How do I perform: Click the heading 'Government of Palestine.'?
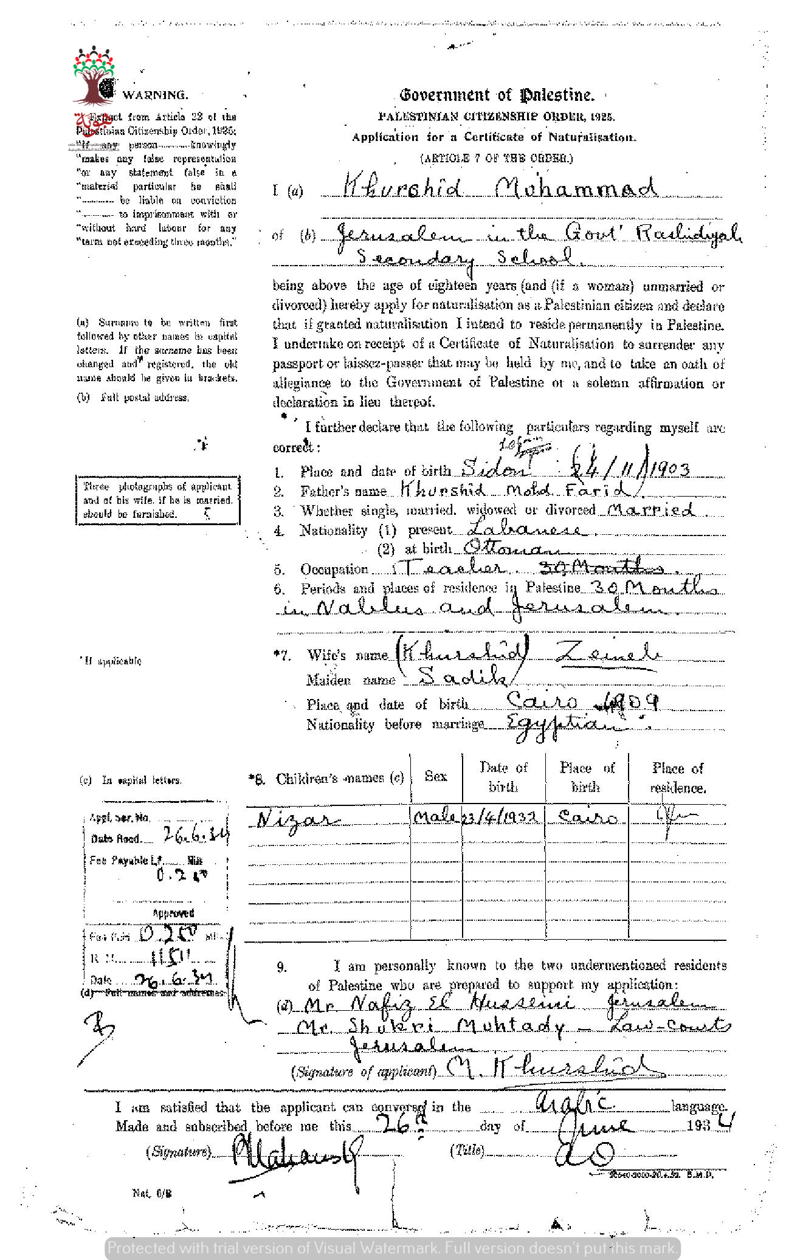pyautogui.click(x=497, y=95)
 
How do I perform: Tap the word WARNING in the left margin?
pyautogui.click(x=155, y=95)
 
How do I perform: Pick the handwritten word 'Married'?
pyautogui.click(x=651, y=509)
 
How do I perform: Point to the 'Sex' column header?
pyautogui.click(x=436, y=776)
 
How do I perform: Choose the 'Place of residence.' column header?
pyautogui.click(x=678, y=778)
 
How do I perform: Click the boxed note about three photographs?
pyautogui.click(x=157, y=500)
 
